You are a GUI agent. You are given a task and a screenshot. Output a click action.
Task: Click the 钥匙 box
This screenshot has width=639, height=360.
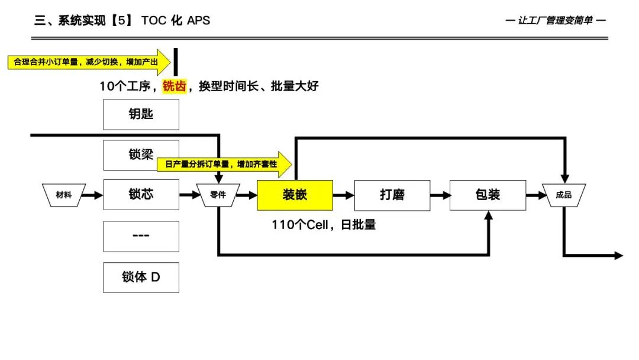tap(141, 114)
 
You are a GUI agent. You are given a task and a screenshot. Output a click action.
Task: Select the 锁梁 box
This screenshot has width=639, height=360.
tap(141, 155)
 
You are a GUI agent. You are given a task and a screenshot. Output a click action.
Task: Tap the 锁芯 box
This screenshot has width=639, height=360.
tap(141, 195)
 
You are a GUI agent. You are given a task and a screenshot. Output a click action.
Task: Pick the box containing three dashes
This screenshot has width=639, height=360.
tap(141, 236)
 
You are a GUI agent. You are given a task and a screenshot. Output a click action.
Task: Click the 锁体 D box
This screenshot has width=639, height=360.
tap(141, 277)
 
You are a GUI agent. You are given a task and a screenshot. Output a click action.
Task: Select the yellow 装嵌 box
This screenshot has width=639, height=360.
tap(294, 195)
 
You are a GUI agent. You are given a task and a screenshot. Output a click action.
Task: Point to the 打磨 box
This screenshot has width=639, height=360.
tap(392, 195)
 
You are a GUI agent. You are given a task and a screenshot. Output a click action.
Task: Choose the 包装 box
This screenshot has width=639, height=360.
tap(488, 195)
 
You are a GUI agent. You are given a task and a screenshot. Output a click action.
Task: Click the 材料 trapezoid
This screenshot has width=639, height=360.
tap(63, 195)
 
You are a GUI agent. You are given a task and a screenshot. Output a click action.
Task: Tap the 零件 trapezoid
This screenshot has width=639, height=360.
tap(218, 195)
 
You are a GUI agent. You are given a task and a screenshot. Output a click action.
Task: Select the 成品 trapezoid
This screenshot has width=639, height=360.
tap(563, 195)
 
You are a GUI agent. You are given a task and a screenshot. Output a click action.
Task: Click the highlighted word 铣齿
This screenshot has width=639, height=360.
tap(175, 86)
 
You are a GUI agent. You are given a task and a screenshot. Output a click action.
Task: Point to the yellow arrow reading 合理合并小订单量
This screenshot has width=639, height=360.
tap(89, 62)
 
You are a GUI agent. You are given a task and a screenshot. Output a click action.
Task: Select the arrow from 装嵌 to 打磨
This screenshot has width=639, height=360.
tap(343, 195)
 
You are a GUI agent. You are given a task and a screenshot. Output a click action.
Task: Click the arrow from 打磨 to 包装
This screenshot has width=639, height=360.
tap(440, 195)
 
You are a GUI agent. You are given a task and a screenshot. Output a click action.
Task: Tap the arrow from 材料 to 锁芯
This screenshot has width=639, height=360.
tap(94, 195)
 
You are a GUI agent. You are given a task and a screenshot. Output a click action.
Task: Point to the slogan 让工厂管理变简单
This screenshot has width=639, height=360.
tap(556, 21)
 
